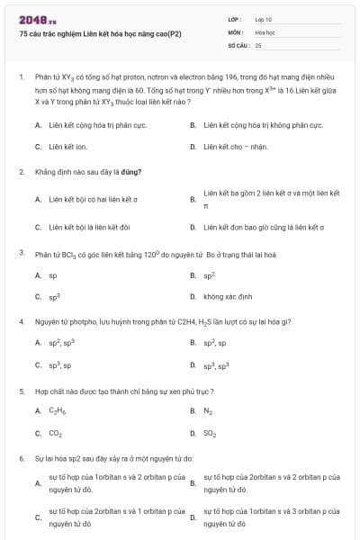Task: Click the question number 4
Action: click(21, 321)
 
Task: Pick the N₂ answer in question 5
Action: click(208, 411)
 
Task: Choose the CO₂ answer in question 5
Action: click(55, 433)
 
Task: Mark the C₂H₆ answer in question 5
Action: click(56, 411)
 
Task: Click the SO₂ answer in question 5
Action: click(210, 433)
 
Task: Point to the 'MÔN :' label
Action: click(235, 31)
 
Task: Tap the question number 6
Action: click(21, 459)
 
